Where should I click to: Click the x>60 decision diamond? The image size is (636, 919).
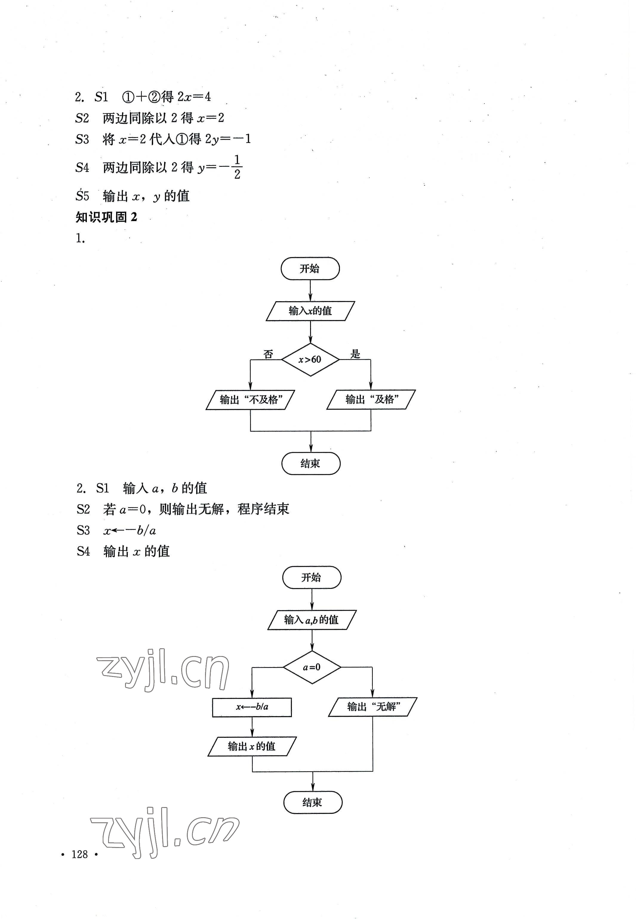pos(310,359)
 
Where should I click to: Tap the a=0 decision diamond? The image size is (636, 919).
pos(312,667)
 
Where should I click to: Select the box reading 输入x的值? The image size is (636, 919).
pos(310,311)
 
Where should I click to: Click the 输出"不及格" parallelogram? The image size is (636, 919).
pos(250,400)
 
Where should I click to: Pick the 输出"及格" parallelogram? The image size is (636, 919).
pos(371,400)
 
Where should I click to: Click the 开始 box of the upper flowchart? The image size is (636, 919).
pos(310,269)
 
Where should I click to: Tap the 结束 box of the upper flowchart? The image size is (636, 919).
pos(311,464)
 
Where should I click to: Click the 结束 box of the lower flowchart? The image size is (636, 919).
pos(313,802)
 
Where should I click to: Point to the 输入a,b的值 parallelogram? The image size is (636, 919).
pos(312,620)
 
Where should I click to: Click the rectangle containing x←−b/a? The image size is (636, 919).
pos(252,707)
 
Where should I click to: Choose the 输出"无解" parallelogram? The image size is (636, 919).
pos(372,707)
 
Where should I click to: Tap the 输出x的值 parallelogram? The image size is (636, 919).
pos(252,746)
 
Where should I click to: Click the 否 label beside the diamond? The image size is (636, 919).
pos(268,354)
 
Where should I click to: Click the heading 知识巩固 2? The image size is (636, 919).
pos(107,217)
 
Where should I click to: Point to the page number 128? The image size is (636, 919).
pos(80,854)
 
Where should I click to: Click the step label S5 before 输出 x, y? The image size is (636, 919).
pos(82,196)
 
